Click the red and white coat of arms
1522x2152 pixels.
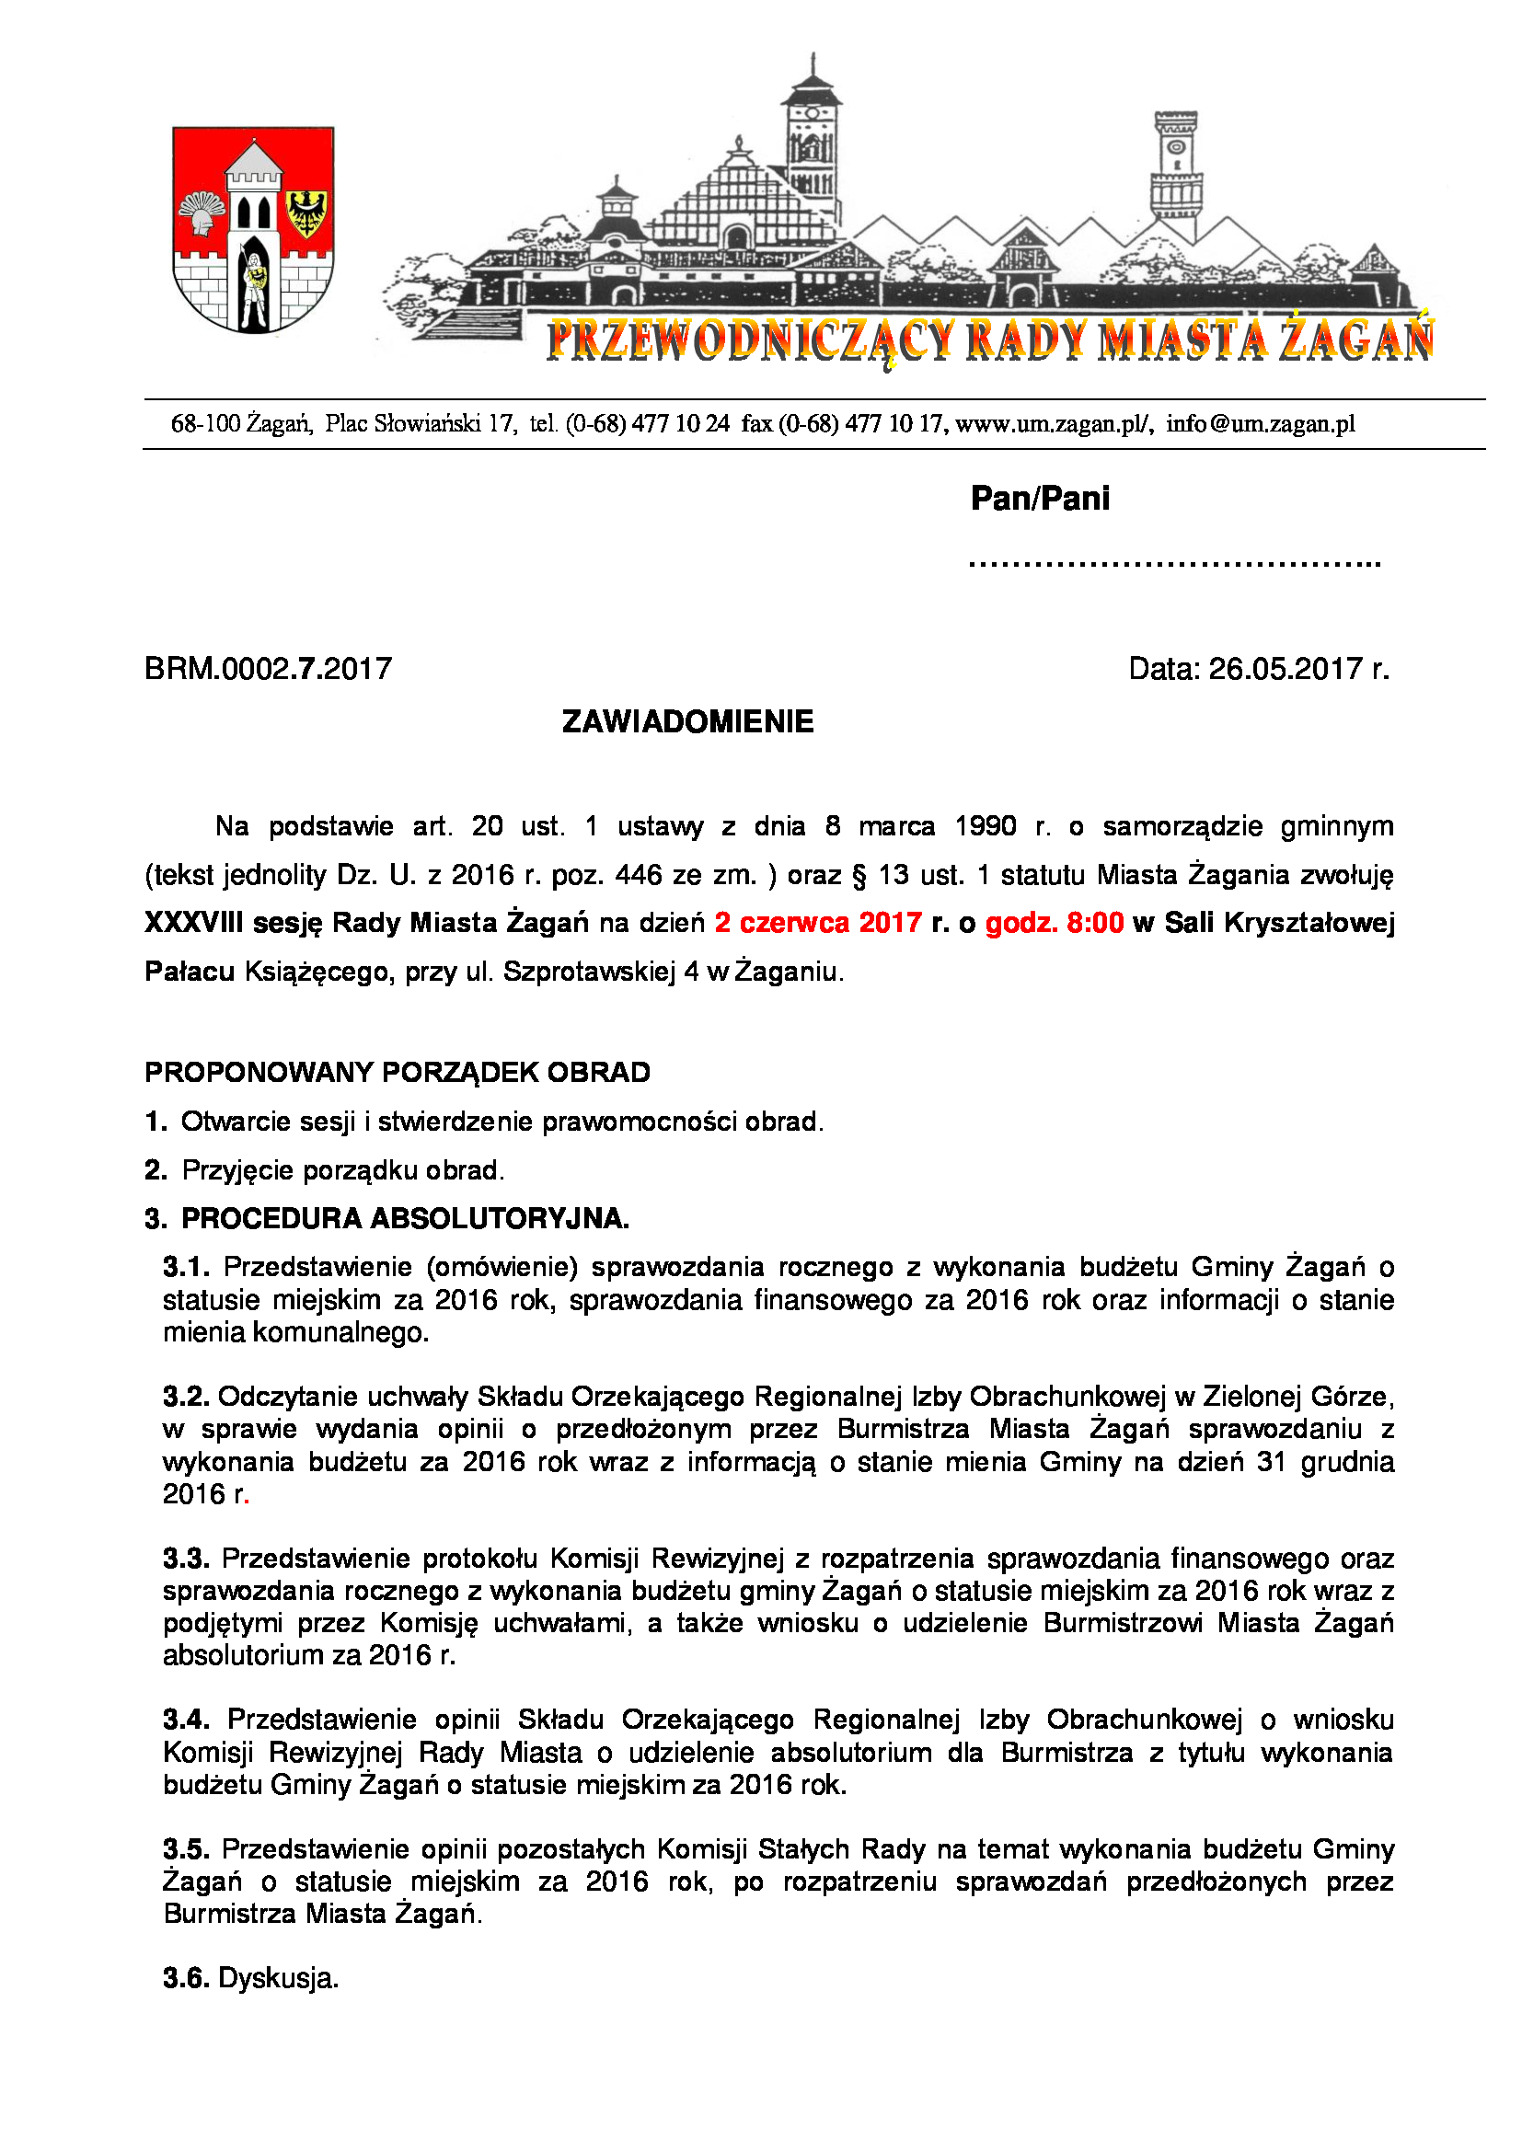coord(253,230)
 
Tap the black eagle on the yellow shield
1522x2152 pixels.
coord(306,213)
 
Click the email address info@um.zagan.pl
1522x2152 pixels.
coord(1261,424)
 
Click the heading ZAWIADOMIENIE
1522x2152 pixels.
coord(688,721)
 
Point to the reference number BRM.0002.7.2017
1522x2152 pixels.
coord(268,669)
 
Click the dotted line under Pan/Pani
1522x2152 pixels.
coord(1174,564)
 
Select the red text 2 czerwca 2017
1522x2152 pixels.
coord(818,923)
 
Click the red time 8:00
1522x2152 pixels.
coord(1095,923)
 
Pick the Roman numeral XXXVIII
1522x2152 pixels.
coord(193,923)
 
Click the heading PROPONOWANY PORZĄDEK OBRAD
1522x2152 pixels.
coord(398,1072)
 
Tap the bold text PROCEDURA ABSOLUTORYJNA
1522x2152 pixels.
coord(405,1218)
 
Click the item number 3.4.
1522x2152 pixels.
coord(186,1719)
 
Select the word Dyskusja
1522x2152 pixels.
coord(277,1978)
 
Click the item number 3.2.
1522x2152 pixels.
coord(186,1397)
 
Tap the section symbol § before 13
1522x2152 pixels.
coord(859,875)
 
